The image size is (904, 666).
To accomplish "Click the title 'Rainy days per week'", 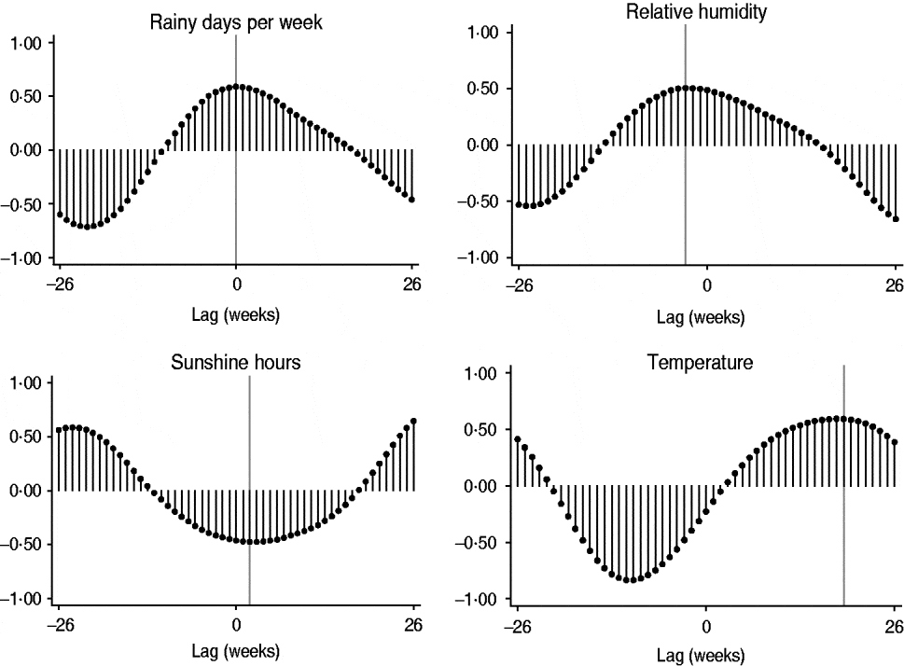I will [x=236, y=23].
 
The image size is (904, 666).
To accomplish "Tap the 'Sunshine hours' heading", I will [x=236, y=363].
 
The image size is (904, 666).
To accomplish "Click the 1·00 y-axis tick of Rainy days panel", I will [x=26, y=42].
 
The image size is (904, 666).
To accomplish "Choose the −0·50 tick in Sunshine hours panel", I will [x=26, y=544].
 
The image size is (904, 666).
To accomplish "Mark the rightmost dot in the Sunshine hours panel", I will [x=413, y=421].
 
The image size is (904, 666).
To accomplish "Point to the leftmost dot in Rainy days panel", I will [x=60, y=215].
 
